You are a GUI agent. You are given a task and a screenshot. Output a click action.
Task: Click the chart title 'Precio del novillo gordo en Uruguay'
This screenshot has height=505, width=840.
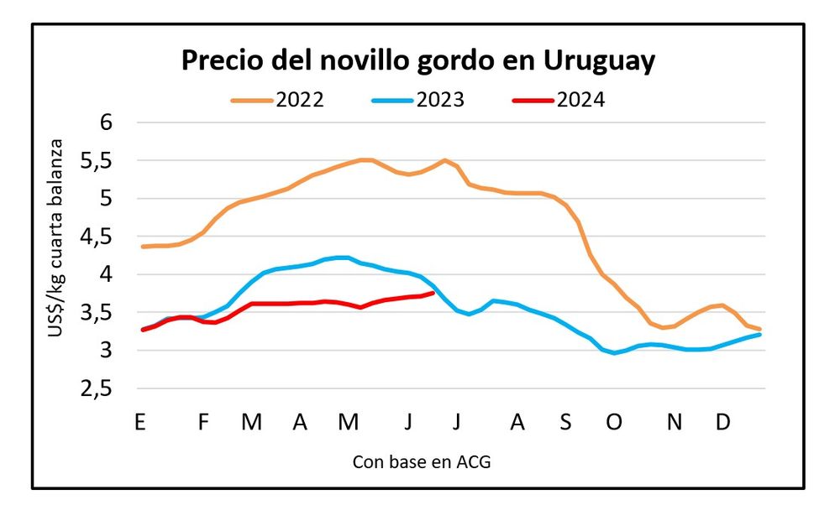418,61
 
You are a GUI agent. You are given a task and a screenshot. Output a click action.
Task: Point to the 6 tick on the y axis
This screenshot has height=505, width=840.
105,122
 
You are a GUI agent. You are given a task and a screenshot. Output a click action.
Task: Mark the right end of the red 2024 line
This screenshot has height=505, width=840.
433,292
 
